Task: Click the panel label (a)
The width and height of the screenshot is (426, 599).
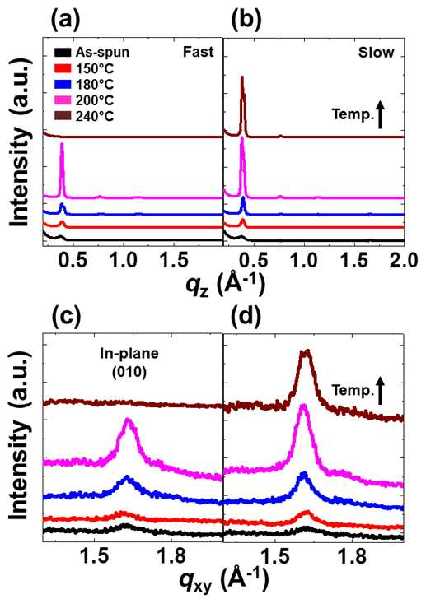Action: [65, 21]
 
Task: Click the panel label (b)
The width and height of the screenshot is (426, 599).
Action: [246, 21]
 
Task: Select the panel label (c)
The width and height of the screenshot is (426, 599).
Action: [65, 317]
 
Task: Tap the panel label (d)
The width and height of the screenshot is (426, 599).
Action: [246, 317]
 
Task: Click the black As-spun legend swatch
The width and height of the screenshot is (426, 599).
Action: [63, 52]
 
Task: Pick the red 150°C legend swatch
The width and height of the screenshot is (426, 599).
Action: [63, 68]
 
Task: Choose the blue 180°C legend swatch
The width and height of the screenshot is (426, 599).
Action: [63, 85]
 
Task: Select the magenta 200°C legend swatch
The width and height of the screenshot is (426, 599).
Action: [63, 100]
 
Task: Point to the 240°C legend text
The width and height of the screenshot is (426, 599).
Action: [95, 117]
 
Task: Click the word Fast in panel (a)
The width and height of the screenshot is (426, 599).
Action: [198, 52]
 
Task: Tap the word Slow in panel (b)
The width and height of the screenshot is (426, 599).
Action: [376, 53]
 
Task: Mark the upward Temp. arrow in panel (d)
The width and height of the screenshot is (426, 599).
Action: [380, 390]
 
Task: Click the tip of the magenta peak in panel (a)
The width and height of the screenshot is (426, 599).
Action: [62, 143]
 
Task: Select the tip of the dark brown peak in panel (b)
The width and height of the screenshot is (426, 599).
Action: [241, 77]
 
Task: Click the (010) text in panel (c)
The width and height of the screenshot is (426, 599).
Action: [129, 373]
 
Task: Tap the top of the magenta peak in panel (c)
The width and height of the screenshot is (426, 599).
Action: [128, 420]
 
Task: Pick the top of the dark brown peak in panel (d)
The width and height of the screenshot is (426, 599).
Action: [305, 351]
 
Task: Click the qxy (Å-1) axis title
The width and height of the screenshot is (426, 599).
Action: [224, 583]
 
